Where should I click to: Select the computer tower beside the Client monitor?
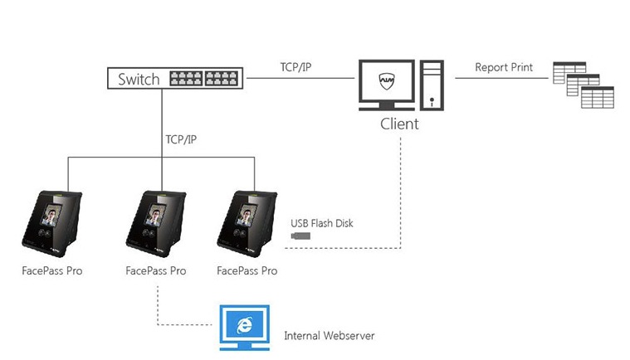(x=432, y=86)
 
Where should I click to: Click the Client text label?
(x=399, y=124)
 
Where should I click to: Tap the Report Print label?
(x=504, y=67)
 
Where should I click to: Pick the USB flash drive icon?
(x=300, y=238)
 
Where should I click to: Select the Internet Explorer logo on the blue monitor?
(x=245, y=325)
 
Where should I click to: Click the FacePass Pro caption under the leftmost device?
(x=51, y=270)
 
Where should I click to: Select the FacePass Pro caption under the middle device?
(x=155, y=270)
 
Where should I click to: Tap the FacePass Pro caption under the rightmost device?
(x=247, y=270)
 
